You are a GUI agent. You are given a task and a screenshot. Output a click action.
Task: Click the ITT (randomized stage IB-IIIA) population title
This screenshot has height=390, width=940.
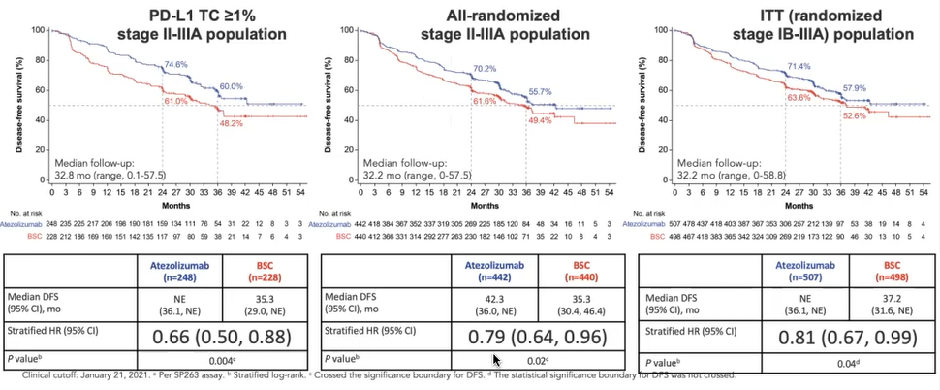(x=793, y=25)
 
